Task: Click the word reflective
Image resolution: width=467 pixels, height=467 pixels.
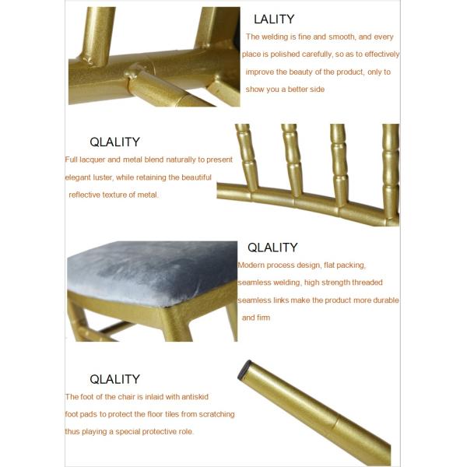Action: pos(88,195)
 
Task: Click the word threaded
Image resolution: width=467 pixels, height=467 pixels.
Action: pos(364,283)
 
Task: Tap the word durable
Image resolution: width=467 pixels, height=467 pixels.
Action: pos(385,300)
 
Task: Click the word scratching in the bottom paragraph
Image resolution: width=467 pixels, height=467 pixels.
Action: pos(215,414)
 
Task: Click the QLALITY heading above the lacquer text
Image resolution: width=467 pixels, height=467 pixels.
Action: pos(114,142)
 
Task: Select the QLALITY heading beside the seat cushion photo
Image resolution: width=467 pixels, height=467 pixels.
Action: pos(272,248)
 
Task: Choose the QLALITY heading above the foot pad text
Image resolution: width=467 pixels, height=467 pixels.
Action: pos(114,379)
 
